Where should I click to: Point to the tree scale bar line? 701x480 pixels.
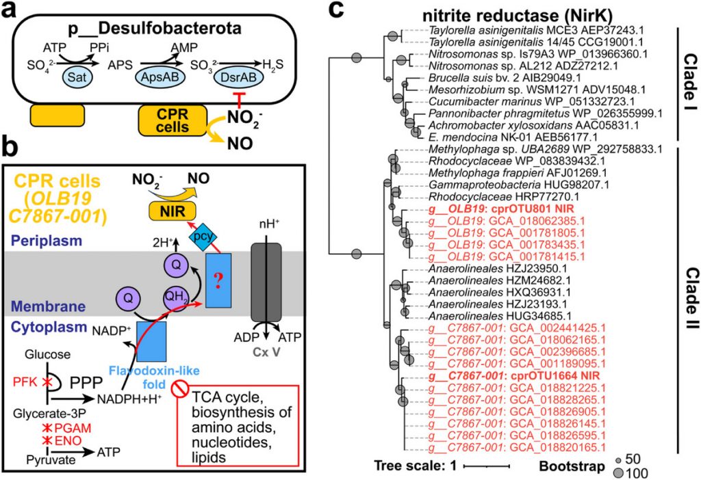click(x=487, y=466)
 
